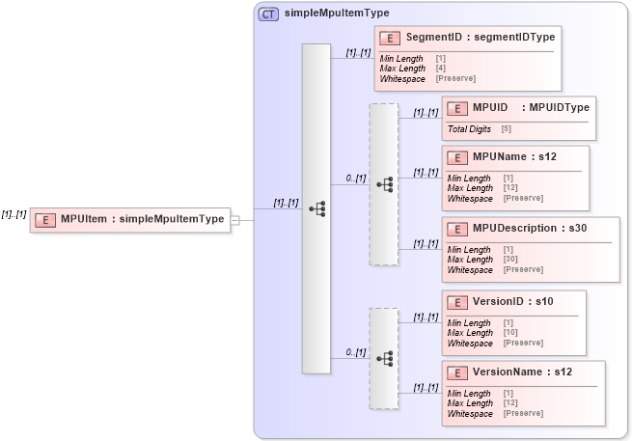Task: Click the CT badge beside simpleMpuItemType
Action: click(268, 14)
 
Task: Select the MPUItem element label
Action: click(142, 219)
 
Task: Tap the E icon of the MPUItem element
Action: click(44, 219)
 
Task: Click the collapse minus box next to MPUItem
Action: click(235, 219)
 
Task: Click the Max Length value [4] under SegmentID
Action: click(440, 69)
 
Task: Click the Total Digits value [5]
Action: click(506, 128)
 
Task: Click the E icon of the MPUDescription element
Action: click(457, 228)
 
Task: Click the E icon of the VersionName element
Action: click(457, 372)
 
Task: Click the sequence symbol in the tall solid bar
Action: click(316, 207)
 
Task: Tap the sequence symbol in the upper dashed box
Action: click(384, 184)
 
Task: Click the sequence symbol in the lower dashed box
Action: click(384, 358)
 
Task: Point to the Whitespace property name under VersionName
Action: click(470, 413)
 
